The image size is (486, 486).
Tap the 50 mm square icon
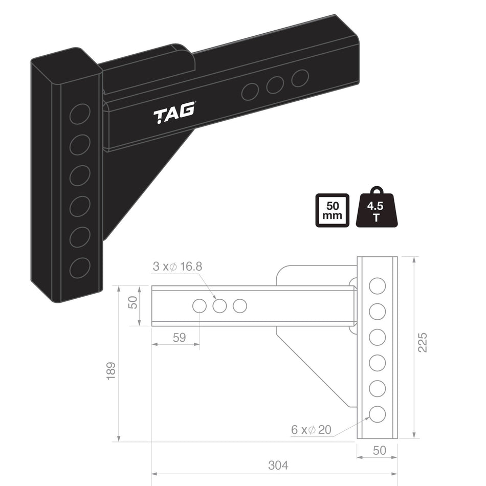pos(333,210)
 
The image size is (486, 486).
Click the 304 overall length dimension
pos(278,466)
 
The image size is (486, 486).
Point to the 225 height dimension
pos(423,342)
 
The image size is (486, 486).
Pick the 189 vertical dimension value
pos(111,370)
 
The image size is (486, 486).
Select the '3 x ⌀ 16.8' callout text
pos(177,267)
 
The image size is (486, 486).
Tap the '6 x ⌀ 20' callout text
pos(311,430)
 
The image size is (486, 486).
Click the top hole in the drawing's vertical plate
pos(377,286)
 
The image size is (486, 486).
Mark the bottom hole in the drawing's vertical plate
pos(377,414)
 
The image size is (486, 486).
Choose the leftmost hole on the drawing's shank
pos(199,306)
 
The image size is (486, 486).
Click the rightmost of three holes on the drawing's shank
pos(239,306)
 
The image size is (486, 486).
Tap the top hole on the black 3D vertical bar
pos(80,114)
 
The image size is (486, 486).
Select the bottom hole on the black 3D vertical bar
pos(80,268)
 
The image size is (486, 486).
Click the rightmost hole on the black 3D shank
pos(300,78)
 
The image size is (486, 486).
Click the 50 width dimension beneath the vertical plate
pos(379,450)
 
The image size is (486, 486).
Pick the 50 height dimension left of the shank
pos(132,302)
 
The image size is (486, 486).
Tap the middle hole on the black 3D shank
pos(275,85)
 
